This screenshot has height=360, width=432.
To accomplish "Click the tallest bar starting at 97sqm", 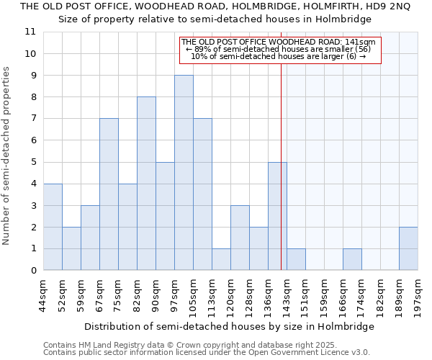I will point(184,173).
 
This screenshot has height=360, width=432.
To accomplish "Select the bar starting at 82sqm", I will point(146,184).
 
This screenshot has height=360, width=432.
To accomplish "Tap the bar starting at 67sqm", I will point(109,194).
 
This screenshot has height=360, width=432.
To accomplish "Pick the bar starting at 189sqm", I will point(408,248).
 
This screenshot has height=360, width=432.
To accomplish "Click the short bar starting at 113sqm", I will point(221,260).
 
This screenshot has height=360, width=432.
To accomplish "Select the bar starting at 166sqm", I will point(352,260).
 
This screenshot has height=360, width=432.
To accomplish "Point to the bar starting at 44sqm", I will point(53,227).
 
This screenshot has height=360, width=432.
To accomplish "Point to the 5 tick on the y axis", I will point(33,162).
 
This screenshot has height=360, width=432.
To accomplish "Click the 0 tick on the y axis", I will point(33,271).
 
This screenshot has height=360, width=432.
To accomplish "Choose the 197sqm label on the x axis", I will point(418,293).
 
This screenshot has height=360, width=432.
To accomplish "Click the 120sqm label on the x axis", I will point(230,293).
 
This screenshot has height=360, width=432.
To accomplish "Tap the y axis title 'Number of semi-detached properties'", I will point(7,156).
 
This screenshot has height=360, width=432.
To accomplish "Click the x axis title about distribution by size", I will point(229,326).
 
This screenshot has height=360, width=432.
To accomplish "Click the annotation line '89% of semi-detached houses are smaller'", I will point(279,49).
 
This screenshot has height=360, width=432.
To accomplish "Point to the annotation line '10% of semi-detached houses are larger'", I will point(279,56).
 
